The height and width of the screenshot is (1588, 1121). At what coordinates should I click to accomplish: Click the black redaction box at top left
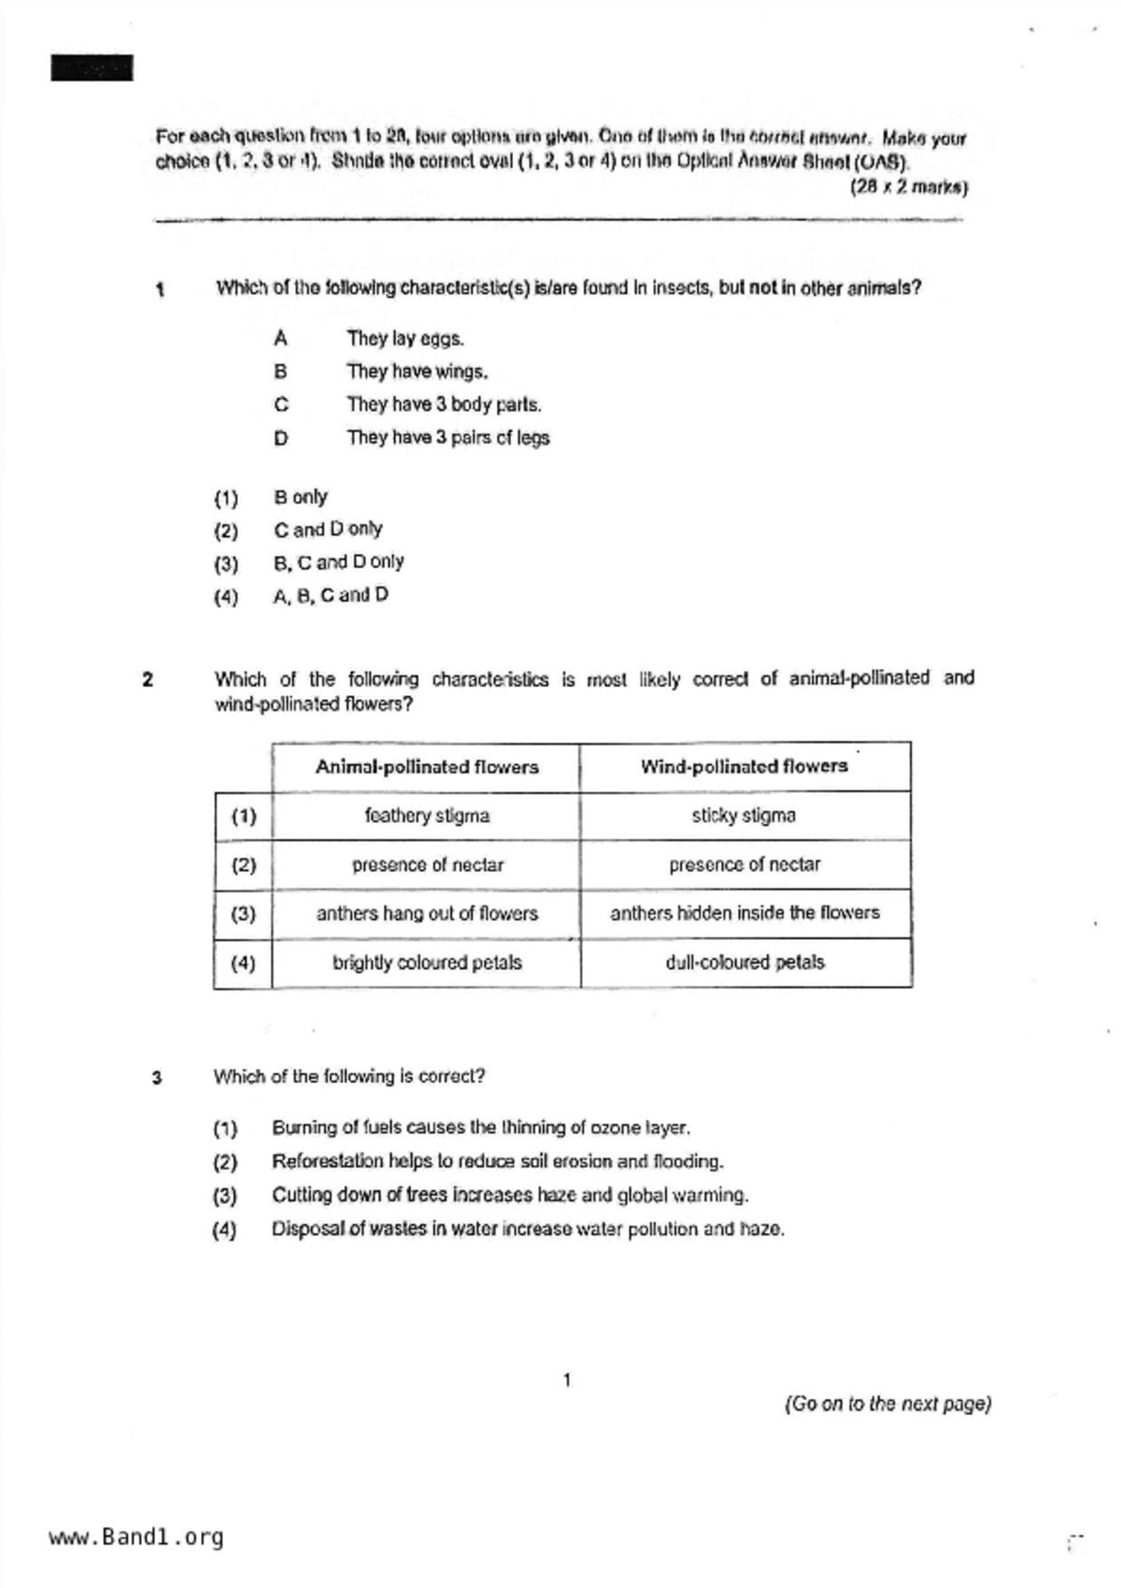click(x=91, y=68)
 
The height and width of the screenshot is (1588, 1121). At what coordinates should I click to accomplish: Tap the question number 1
click(x=160, y=291)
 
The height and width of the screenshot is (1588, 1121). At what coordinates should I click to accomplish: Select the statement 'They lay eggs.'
click(x=404, y=339)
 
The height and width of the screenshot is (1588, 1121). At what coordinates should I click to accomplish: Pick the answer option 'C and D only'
click(x=328, y=529)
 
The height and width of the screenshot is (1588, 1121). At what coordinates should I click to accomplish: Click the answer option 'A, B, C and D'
click(x=330, y=595)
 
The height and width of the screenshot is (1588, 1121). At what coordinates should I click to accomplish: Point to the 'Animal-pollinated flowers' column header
click(x=426, y=767)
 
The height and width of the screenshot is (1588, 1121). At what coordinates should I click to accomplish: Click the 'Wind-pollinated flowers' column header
click(x=744, y=766)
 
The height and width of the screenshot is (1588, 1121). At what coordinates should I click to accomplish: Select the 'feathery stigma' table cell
click(x=426, y=816)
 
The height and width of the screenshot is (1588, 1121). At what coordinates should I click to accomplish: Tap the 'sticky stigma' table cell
click(x=744, y=816)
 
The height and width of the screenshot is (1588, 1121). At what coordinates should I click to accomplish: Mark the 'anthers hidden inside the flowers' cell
click(x=744, y=913)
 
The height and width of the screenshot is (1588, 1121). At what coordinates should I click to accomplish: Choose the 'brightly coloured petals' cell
click(x=426, y=962)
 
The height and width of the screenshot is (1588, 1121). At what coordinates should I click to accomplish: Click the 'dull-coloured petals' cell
click(x=744, y=962)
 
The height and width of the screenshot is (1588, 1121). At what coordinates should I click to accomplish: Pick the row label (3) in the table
click(x=242, y=914)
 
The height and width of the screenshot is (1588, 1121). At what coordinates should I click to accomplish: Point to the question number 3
click(x=157, y=1078)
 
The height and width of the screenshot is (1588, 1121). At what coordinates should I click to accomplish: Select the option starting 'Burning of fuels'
click(x=480, y=1128)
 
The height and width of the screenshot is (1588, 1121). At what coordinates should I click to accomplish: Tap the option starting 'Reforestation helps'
click(x=497, y=1162)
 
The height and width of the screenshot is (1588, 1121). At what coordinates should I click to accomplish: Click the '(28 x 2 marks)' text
click(x=907, y=187)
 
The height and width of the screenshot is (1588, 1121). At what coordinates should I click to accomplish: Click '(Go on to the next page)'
click(x=887, y=1404)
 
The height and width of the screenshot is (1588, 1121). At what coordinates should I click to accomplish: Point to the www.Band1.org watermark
click(x=136, y=1537)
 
